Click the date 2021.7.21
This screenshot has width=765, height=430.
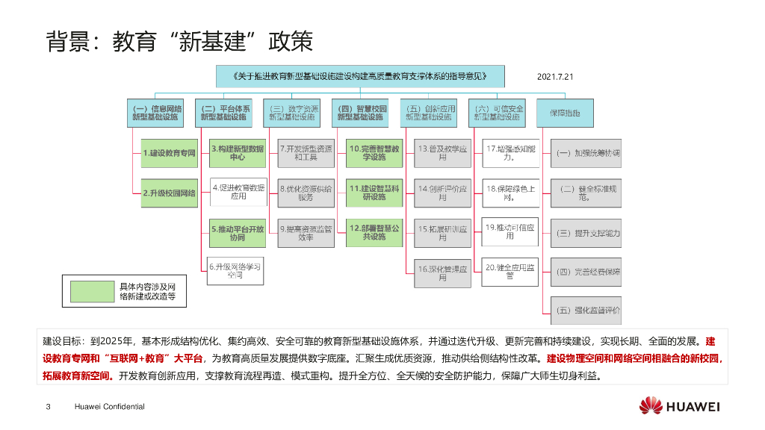pyautogui.click(x=554, y=76)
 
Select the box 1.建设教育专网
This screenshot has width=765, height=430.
pyautogui.click(x=169, y=153)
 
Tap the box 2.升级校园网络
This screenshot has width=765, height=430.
pyautogui.click(x=169, y=193)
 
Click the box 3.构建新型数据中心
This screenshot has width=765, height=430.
pyautogui.click(x=238, y=153)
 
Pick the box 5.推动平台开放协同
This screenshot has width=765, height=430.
pyautogui.click(x=238, y=233)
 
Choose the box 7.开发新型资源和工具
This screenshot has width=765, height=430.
pyautogui.click(x=305, y=153)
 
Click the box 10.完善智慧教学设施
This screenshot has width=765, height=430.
pyautogui.click(x=374, y=153)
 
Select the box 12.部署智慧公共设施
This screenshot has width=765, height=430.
pyautogui.click(x=374, y=233)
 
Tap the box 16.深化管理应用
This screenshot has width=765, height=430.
pyautogui.click(x=442, y=273)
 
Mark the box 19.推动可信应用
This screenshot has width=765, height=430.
pyautogui.click(x=510, y=231)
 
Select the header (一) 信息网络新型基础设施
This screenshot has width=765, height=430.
pyautogui.click(x=156, y=113)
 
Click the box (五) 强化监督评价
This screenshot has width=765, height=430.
pyautogui.click(x=586, y=310)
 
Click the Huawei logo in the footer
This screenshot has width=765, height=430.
pyautogui.click(x=651, y=406)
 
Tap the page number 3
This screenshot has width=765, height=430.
pyautogui.click(x=49, y=407)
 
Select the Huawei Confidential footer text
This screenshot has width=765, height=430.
pyautogui.click(x=109, y=407)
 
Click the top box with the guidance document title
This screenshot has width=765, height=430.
pyautogui.click(x=360, y=76)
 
